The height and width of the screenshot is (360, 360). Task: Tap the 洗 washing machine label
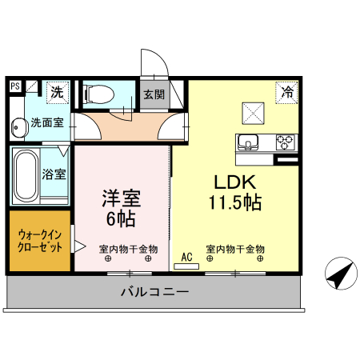[x=57, y=92]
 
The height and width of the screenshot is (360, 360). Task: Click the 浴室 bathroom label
[x=54, y=174]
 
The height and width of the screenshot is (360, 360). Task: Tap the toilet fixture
[x=99, y=94]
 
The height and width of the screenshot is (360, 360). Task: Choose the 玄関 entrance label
[x=154, y=93]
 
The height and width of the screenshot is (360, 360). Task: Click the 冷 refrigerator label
[x=286, y=92]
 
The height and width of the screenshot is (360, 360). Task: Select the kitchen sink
[x=248, y=143]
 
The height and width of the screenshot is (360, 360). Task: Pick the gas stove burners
[x=286, y=143]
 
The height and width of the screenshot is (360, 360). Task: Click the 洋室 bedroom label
[x=120, y=196]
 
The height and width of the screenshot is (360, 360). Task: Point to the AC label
[x=187, y=257]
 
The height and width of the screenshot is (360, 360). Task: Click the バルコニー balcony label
[x=154, y=292]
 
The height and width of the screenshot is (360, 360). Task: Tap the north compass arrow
[x=340, y=274]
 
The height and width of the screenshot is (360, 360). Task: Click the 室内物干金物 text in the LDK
[x=235, y=249]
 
